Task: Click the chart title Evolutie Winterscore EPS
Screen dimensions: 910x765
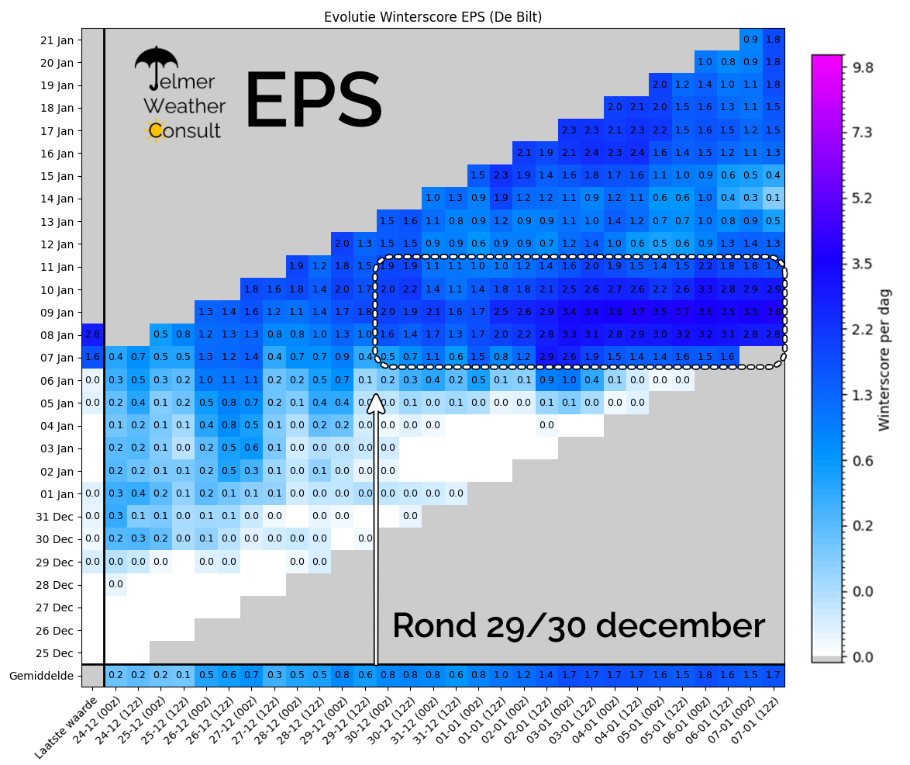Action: click(433, 16)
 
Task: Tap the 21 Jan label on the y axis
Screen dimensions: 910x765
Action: click(57, 40)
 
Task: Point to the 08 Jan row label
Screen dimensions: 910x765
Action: click(57, 335)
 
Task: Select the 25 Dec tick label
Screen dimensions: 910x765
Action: click(54, 653)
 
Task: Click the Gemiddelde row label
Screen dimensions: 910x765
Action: click(42, 676)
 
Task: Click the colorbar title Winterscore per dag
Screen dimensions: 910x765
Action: click(884, 359)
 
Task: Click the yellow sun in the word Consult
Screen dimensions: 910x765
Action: click(155, 130)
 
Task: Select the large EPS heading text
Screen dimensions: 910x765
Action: click(313, 99)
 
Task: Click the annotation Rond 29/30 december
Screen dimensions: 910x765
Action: click(578, 625)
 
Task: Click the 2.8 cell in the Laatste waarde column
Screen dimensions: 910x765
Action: click(93, 335)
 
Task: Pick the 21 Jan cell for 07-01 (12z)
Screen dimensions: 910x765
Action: click(773, 40)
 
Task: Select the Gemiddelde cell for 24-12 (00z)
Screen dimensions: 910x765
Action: click(116, 676)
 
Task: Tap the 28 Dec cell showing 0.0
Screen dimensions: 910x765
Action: click(116, 584)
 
